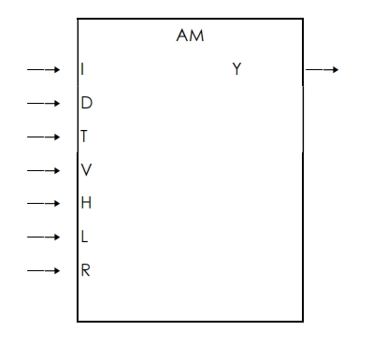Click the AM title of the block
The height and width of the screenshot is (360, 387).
pyautogui.click(x=191, y=36)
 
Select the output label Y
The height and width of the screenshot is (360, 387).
pyautogui.click(x=237, y=69)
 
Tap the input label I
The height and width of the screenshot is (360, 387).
pyautogui.click(x=84, y=69)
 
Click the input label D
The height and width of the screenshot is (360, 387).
pyautogui.click(x=86, y=103)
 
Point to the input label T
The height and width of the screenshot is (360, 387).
pyautogui.click(x=84, y=137)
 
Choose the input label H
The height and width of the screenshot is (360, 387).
pyautogui.click(x=86, y=203)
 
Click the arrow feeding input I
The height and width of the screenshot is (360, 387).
pyautogui.click(x=43, y=69)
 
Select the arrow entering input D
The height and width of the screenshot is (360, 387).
pyautogui.click(x=43, y=103)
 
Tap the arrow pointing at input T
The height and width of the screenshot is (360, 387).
pyautogui.click(x=43, y=137)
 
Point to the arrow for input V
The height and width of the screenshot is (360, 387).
pyautogui.click(x=43, y=170)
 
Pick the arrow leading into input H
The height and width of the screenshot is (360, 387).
pyautogui.click(x=43, y=203)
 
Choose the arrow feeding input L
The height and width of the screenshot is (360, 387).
pyautogui.click(x=43, y=237)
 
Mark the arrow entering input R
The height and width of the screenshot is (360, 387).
pyautogui.click(x=43, y=270)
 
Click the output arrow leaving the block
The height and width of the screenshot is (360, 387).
pyautogui.click(x=322, y=69)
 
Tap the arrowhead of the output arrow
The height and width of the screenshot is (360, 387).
pyautogui.click(x=335, y=69)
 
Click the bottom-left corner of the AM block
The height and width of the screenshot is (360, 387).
pyautogui.click(x=78, y=322)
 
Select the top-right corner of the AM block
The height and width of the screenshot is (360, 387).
pyautogui.click(x=304, y=17)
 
